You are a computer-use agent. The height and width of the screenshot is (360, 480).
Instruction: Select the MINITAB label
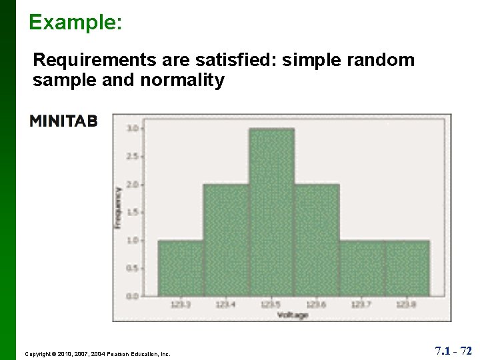[x=63, y=121]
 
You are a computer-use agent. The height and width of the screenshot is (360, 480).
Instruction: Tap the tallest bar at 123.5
[x=271, y=212]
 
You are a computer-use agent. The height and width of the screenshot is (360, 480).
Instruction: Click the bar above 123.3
[x=180, y=267]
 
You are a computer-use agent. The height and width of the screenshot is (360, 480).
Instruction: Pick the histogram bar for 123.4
[x=225, y=240]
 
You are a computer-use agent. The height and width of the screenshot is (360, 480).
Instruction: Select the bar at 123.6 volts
[x=317, y=240]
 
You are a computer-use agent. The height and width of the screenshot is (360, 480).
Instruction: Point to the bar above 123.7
[x=362, y=267]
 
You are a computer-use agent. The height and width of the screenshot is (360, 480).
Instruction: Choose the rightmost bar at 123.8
[x=407, y=267]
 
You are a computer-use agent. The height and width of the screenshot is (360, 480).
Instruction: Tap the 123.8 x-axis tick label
[x=407, y=305]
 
